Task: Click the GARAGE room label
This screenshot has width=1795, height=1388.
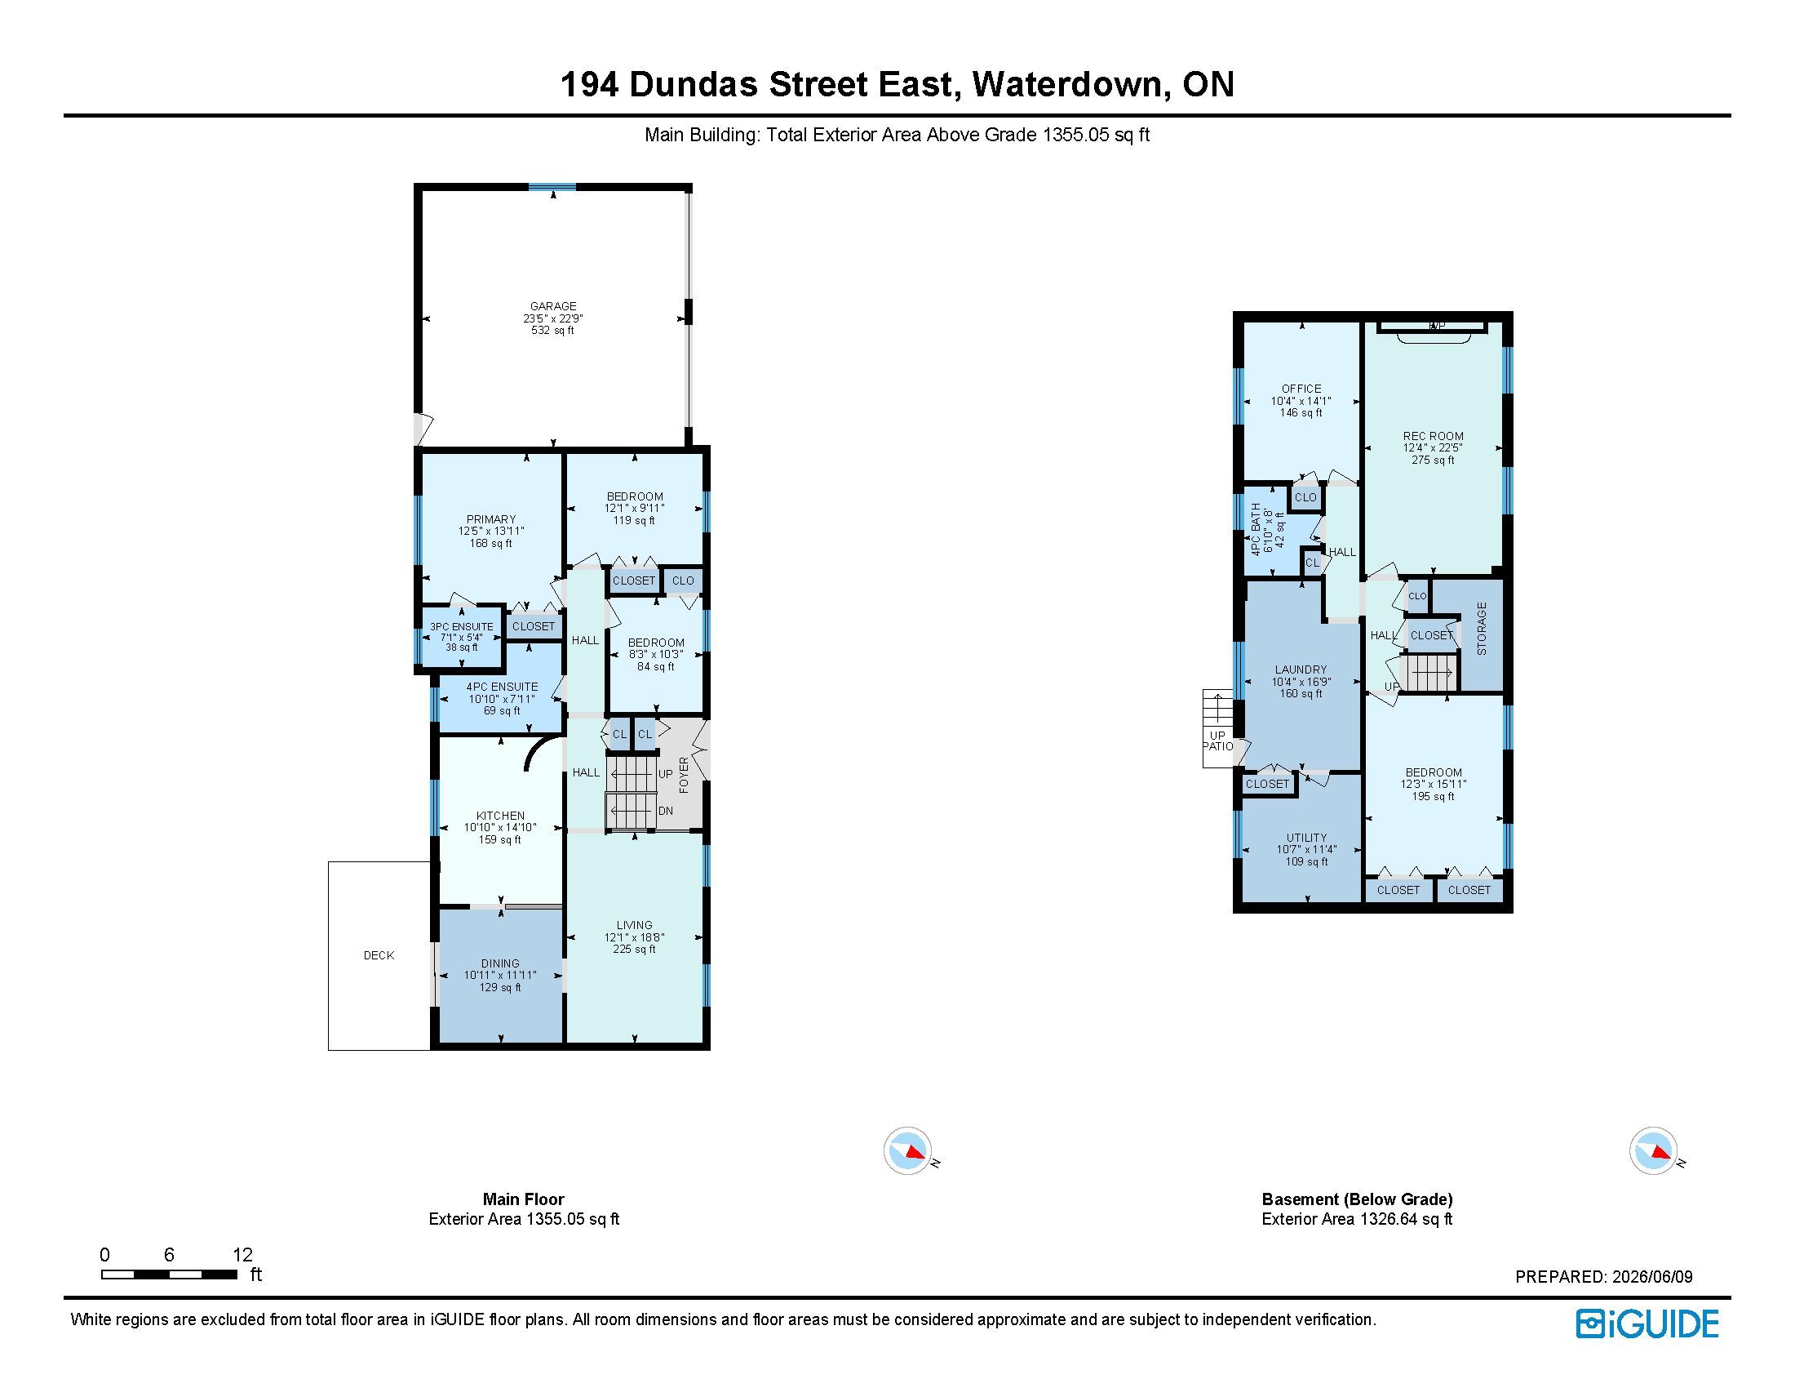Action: [553, 306]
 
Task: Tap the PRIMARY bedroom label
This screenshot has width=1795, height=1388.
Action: [490, 518]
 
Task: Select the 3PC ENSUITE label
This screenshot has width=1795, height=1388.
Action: [462, 626]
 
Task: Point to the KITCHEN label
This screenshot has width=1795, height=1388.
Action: [500, 816]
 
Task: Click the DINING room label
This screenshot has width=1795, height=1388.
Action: [500, 963]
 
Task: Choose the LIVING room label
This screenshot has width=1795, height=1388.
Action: [635, 925]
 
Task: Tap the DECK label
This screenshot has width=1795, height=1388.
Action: [379, 955]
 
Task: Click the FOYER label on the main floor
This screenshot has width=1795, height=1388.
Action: [684, 776]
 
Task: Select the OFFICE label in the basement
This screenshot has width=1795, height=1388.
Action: [1301, 389]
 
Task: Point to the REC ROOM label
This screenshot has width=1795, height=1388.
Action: [1433, 436]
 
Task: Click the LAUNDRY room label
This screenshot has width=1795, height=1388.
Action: [1301, 670]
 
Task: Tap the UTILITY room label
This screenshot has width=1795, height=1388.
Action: [1307, 837]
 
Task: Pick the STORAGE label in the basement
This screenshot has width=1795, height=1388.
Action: [1482, 629]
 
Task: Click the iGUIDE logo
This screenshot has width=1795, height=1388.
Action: [1647, 1323]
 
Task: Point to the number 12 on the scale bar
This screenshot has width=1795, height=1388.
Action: [242, 1255]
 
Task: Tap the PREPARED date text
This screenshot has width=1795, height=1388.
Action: [1603, 1277]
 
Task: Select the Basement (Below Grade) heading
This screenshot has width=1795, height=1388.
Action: [1357, 1199]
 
